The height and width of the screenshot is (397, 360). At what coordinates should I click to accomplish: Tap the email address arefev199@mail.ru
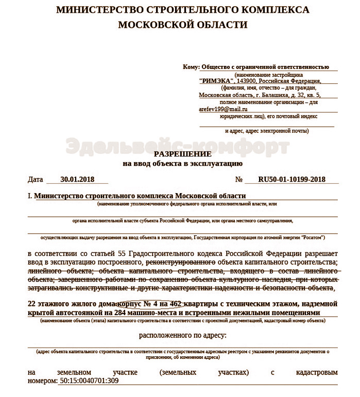click(x=223, y=109)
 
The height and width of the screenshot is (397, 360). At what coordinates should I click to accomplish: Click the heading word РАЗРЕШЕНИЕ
click(x=182, y=154)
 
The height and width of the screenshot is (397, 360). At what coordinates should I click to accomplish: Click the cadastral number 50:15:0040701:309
click(x=90, y=382)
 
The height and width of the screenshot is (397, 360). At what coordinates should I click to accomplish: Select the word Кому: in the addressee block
click(x=191, y=67)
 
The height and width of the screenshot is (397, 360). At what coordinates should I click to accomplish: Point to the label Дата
click(x=36, y=180)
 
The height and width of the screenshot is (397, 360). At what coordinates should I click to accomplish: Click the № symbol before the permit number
click(x=238, y=180)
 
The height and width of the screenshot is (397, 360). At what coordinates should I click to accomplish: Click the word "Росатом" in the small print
click(x=311, y=238)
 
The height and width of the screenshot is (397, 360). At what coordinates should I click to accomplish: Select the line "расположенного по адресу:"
click(x=182, y=335)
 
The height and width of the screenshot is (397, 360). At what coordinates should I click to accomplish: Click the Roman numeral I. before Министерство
click(x=30, y=196)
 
